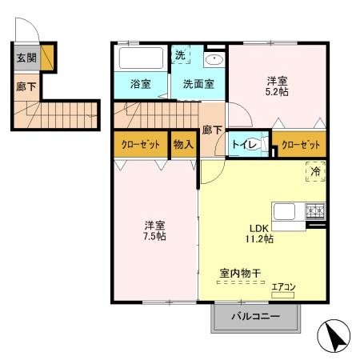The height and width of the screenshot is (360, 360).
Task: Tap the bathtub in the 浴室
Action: tap(141, 58)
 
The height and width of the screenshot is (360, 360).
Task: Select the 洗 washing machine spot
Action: tap(182, 57)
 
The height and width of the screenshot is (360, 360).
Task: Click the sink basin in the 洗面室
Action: tap(214, 61)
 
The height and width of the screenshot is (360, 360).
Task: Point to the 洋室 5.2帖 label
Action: tap(278, 86)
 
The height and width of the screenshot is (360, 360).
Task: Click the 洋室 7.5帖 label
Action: tap(154, 231)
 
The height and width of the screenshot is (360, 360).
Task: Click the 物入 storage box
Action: tap(183, 145)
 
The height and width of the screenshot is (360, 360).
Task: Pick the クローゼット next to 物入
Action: tap(140, 145)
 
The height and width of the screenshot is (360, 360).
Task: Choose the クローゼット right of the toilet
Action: tap(301, 145)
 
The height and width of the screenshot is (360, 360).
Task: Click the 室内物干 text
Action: tap(241, 274)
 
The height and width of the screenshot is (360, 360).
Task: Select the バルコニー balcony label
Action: tap(256, 317)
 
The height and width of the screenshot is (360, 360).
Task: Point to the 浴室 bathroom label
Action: tap(141, 82)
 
